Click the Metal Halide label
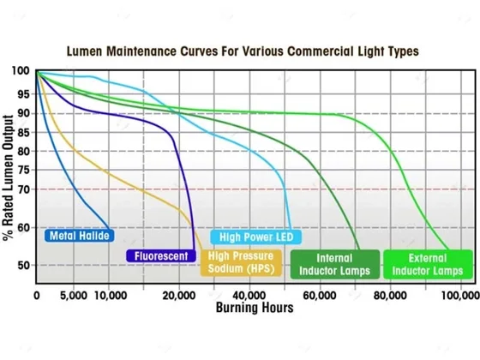point(79,236)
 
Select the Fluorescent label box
point(161,256)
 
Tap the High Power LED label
point(256,237)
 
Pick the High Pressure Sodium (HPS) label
point(241,262)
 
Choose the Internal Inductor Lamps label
point(335,265)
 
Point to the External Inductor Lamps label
point(428,265)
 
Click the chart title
point(243,51)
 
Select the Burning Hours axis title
point(255,308)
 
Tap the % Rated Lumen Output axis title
point(9,178)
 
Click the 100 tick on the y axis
point(21,71)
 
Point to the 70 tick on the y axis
point(24,189)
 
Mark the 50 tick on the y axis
point(24,265)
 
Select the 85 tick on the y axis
point(24,133)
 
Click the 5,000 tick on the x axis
point(74,296)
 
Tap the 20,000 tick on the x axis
point(179,296)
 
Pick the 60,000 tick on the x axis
point(320,296)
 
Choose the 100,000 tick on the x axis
point(460,296)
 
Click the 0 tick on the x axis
point(37,296)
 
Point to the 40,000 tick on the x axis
point(249,296)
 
